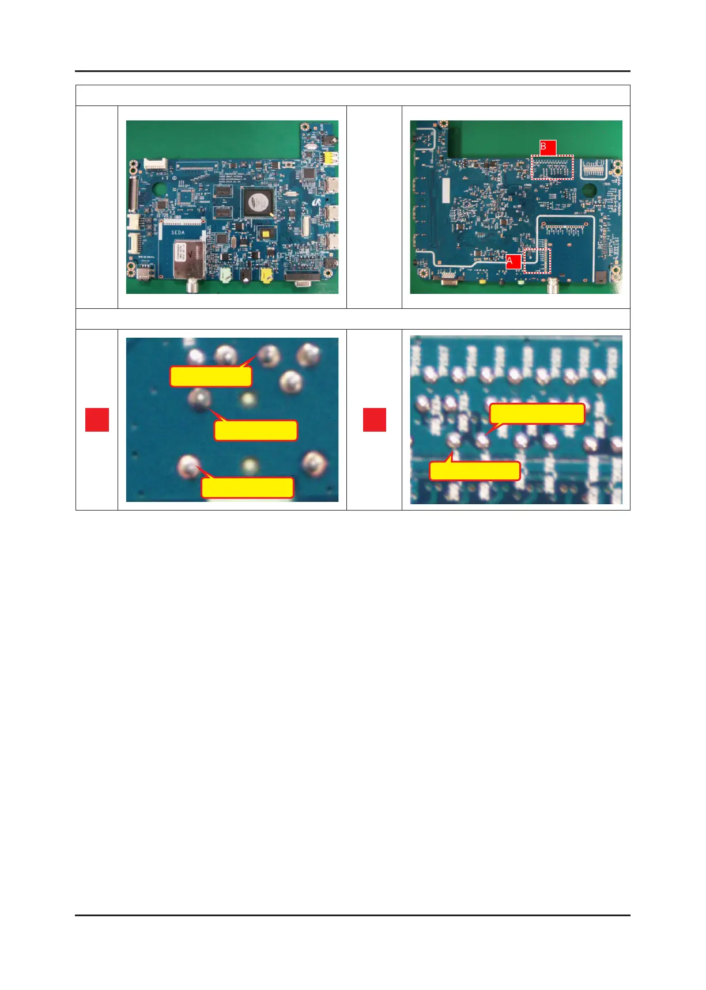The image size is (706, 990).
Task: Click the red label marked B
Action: click(548, 148)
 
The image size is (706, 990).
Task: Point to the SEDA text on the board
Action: click(178, 232)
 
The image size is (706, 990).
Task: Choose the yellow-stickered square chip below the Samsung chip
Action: click(266, 232)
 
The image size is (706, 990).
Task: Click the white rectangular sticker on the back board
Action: click(445, 190)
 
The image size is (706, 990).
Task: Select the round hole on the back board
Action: click(589, 190)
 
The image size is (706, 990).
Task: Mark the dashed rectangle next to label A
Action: click(537, 260)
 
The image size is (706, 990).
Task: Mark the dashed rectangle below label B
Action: click(553, 167)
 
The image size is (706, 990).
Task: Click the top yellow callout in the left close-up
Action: click(211, 376)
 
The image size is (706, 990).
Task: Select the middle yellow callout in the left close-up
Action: click(256, 430)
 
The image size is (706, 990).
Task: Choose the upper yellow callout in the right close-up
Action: click(537, 414)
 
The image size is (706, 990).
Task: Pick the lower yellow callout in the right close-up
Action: click(475, 471)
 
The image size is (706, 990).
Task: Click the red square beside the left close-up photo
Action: click(97, 420)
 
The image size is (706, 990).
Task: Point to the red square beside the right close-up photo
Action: click(374, 420)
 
